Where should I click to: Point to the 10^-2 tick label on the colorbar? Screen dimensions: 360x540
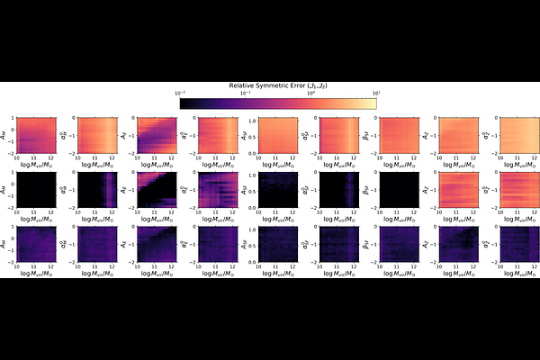click(181, 93)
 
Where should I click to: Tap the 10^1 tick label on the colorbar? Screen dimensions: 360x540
click(374, 93)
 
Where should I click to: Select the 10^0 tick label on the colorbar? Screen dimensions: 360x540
click(310, 93)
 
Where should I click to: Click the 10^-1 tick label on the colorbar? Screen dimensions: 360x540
click(246, 93)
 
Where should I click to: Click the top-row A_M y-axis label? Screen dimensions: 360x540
click(5, 135)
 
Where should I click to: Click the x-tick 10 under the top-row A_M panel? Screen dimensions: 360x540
click(13, 159)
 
